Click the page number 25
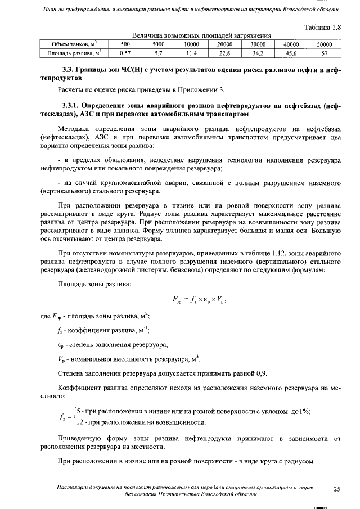coord(336,489)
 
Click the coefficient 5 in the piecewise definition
coord(79,411)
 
